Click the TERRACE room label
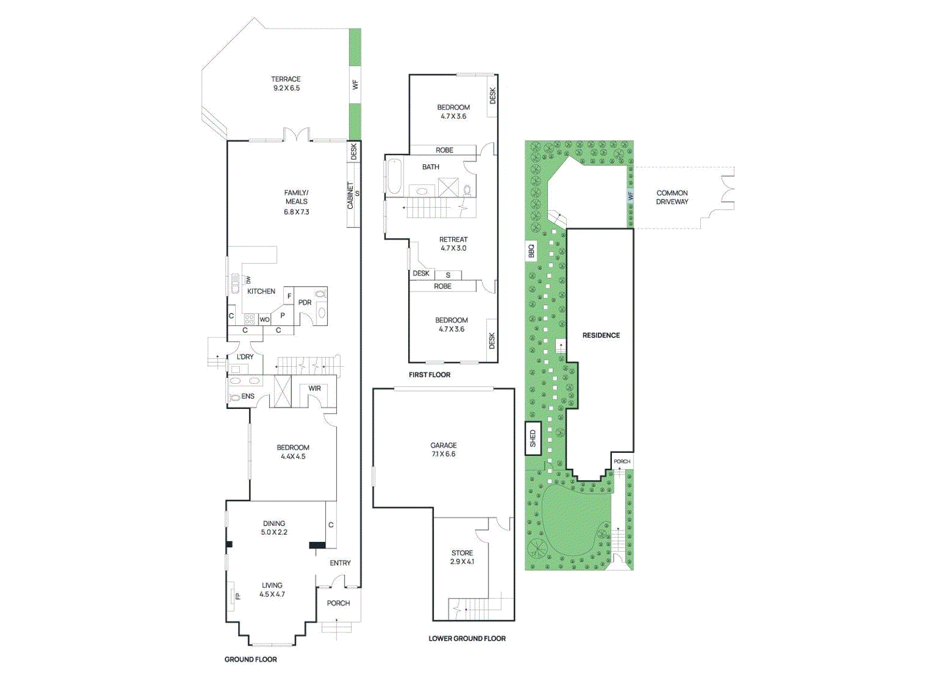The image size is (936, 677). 285,83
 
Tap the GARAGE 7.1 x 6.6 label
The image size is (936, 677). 443,449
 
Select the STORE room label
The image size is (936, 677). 462,557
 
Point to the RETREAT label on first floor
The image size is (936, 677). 453,243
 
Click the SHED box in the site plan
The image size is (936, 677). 533,438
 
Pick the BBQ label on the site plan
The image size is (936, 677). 531,250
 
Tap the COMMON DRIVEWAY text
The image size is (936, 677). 672,197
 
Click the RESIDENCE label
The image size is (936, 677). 601,335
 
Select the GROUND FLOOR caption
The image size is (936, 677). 250,659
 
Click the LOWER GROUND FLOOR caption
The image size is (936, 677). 467,638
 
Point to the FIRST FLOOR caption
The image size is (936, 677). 429,374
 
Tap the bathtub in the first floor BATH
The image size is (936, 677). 394,177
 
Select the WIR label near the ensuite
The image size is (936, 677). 315,388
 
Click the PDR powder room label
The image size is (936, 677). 305,303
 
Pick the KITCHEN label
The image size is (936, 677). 261,291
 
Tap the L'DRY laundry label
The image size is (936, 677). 245,356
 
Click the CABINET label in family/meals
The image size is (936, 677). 350,195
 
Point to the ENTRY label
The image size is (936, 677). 340,563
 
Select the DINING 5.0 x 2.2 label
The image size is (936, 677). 274,528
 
